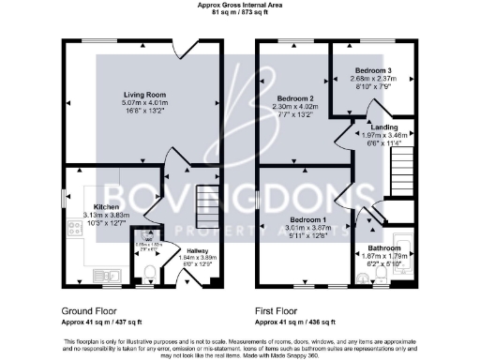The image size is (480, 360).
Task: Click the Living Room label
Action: pos(144,95)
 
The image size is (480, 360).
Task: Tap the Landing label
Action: pos(384,127)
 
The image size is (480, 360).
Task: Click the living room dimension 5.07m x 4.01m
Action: pos(144,103)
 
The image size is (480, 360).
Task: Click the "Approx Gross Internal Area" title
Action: pos(239,5)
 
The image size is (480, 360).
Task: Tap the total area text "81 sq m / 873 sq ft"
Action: pos(239,13)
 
